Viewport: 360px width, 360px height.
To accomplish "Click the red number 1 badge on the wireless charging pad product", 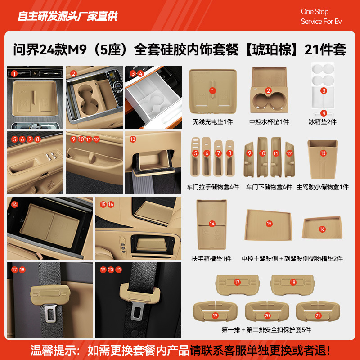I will click(x=212, y=90).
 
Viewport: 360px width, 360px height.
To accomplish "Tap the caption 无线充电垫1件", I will click(x=212, y=122).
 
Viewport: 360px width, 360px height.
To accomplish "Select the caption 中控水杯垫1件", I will click(x=269, y=122).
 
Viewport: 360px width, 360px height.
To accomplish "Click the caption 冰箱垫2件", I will click(x=322, y=122).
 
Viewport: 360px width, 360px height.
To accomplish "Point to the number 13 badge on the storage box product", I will click(x=323, y=153).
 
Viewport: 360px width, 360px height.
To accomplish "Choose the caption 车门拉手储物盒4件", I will click(x=212, y=187).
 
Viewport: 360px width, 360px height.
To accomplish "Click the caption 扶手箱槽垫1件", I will click(x=211, y=258).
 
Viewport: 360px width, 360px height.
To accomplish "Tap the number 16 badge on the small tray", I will click(x=322, y=229).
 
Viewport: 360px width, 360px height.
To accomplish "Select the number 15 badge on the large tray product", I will click(x=269, y=224).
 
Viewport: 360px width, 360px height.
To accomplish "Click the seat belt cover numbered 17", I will click(x=237, y=283).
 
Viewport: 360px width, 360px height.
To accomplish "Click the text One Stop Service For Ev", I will click(x=321, y=16).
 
